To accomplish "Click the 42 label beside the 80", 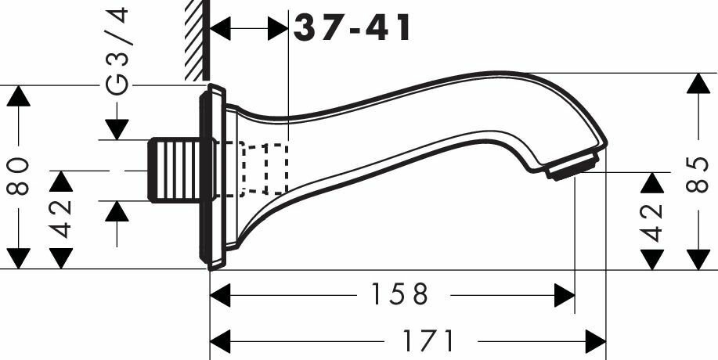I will point(62,218).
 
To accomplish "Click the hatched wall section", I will point(194,39).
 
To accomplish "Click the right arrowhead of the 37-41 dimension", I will point(279,29).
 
